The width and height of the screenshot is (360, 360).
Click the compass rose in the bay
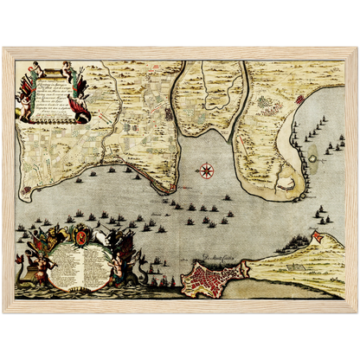coord(207,170)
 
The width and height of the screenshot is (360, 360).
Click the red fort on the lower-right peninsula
coord(317,236)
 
